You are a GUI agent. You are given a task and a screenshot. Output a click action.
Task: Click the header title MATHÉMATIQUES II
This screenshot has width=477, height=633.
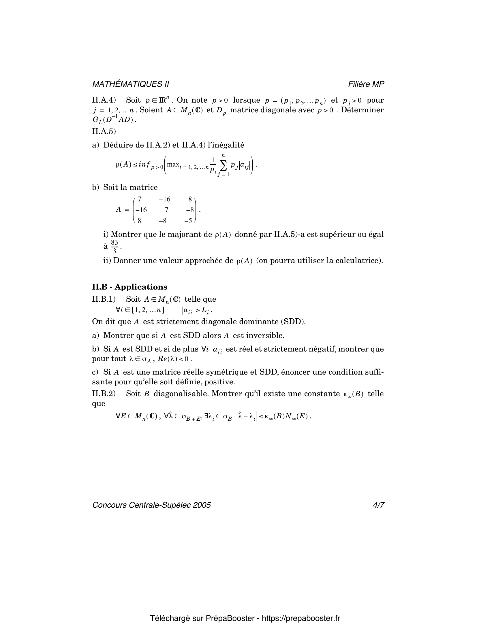130,84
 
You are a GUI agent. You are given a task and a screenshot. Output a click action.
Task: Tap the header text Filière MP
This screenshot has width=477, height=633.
366,84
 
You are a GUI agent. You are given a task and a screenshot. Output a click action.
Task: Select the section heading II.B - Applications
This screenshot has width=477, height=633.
129,287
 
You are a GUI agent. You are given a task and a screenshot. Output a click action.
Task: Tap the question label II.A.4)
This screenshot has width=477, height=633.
104,100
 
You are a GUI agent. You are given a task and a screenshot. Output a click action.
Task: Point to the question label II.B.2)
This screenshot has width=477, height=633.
104,394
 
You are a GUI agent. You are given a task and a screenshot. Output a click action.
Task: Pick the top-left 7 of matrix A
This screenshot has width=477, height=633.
139,199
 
